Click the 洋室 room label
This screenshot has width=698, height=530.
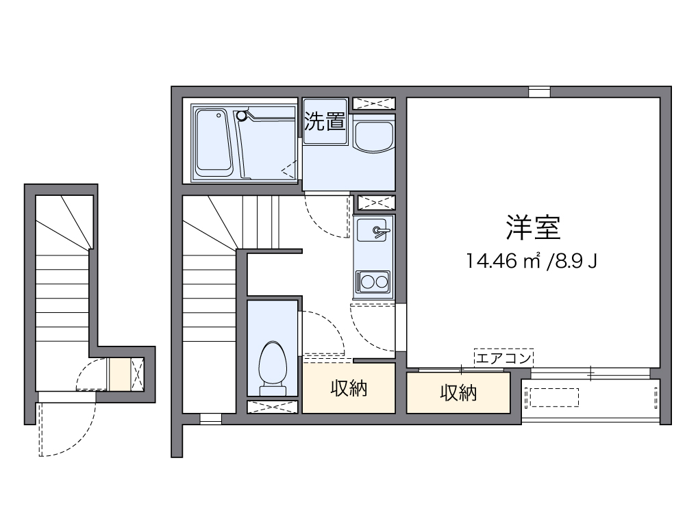click(x=534, y=228)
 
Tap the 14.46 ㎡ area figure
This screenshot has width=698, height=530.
click(x=503, y=261)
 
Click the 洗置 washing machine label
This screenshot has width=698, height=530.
click(x=325, y=122)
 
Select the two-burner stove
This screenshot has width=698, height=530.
click(x=373, y=281)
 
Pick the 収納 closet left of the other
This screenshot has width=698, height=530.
click(x=349, y=388)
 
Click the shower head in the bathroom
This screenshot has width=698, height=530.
click(x=240, y=116)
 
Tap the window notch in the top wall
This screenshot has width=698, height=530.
click(x=539, y=92)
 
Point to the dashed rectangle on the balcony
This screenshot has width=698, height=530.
click(x=551, y=398)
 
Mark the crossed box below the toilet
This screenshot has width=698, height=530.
click(x=273, y=407)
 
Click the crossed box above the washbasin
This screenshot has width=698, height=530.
click(x=373, y=103)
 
